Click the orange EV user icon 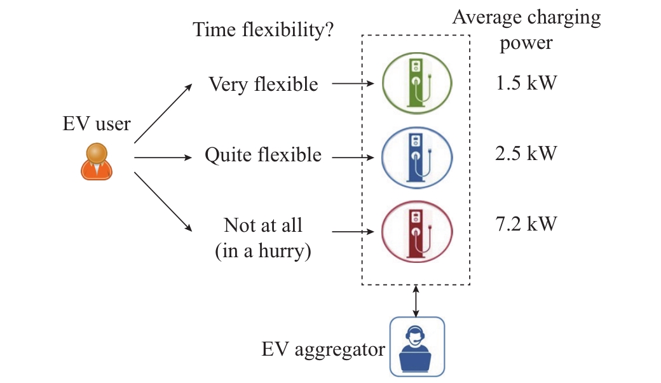[97, 162]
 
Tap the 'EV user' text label [97, 124]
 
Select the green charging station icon [417, 83]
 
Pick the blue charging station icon [417, 158]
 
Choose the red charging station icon [417, 232]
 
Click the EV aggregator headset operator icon [417, 347]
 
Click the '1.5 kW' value [526, 83]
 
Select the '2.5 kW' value [526, 153]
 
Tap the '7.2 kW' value [526, 224]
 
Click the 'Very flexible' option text [264, 84]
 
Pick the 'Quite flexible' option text [263, 155]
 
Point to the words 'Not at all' [263, 225]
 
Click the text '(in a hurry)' [263, 251]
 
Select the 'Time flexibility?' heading [263, 30]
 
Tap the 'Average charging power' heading [526, 30]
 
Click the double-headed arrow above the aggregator [416, 301]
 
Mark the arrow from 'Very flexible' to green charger [353, 83]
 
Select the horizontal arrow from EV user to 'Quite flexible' [163, 158]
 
